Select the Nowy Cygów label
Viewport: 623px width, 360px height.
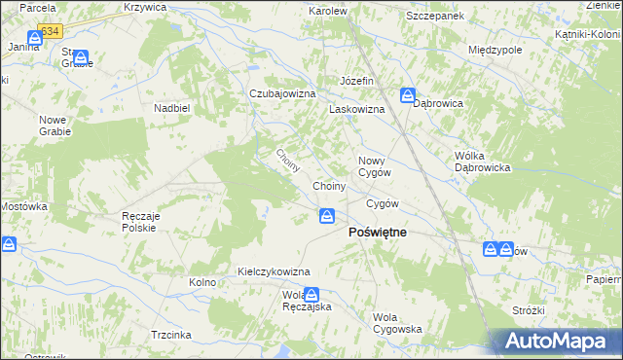coord(375,166)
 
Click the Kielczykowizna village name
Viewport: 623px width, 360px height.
coord(274,270)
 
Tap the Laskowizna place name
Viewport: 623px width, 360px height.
coord(356,110)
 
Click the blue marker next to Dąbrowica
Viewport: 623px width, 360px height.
coord(407,95)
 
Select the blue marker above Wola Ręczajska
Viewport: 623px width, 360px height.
coord(311,294)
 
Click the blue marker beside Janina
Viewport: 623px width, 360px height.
coord(34,37)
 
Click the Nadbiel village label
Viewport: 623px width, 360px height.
coord(170,108)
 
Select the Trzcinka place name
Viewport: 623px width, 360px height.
coord(170,333)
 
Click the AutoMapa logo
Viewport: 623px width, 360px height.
coord(558,341)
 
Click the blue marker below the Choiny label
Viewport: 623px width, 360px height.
coord(328,215)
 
